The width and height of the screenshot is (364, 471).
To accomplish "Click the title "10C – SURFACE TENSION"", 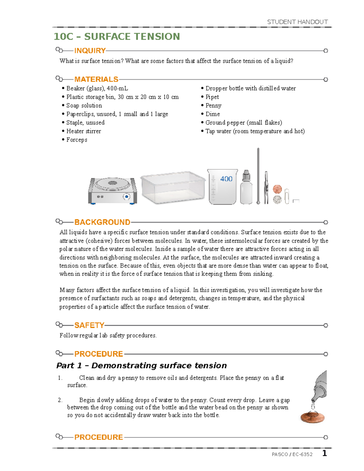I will tap(117, 37).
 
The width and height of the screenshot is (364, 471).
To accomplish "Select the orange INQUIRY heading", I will tap(90, 51).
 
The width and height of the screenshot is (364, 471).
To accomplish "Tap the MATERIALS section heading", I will tap(96, 79).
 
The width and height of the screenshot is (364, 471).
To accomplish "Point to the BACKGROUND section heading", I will tap(102, 222).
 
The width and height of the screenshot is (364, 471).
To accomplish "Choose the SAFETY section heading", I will tap(89, 325).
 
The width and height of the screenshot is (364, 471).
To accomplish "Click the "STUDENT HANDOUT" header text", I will tap(297, 22).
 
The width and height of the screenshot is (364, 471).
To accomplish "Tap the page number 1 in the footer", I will tap(325, 453).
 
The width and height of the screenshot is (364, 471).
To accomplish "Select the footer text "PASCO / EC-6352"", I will tap(292, 454).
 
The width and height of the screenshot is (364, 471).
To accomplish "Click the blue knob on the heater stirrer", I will tap(126, 197).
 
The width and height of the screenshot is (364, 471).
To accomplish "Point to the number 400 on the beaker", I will tap(226, 179).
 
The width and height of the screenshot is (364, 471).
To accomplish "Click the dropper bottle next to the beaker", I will tap(246, 188).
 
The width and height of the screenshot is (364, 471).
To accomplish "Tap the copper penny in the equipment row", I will tap(277, 189).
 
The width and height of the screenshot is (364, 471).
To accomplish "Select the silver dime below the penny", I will tap(277, 199).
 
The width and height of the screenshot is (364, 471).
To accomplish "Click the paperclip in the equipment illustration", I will tap(287, 196).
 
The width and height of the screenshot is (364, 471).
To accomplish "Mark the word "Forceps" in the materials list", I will tap(77, 140).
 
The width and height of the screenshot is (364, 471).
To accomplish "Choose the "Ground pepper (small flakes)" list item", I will tap(244, 123).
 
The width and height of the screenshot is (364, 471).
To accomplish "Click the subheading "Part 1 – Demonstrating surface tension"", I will tap(141, 365).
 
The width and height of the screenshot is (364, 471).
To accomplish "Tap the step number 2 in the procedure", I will tap(60, 400).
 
